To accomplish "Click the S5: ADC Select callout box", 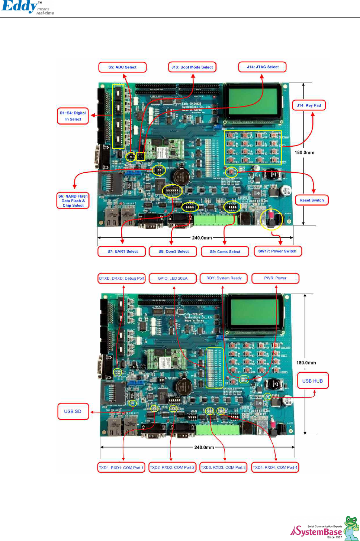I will tap(122, 67).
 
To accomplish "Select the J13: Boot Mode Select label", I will tap(192, 67).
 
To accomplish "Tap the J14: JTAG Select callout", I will tap(263, 67).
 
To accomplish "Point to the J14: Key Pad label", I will tap(309, 105).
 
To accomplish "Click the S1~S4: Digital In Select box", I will tap(73, 116).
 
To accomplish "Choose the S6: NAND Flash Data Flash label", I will tap(73, 201).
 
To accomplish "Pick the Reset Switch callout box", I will tap(312, 200).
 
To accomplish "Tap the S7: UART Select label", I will tap(122, 251).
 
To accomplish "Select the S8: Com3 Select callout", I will tap(173, 251).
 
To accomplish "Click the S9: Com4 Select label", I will tap(225, 252).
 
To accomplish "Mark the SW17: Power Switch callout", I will tap(277, 251).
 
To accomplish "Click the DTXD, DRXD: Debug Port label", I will tap(121, 278).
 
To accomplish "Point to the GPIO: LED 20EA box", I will tap(173, 278).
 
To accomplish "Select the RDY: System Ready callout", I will tap(224, 278).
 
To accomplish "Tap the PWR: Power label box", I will tap(275, 278).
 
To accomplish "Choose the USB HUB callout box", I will tap(312, 381).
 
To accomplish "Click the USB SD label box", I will tap(73, 411).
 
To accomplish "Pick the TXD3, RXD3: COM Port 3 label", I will tap(223, 467).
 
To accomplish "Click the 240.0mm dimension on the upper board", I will tap(202, 237).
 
